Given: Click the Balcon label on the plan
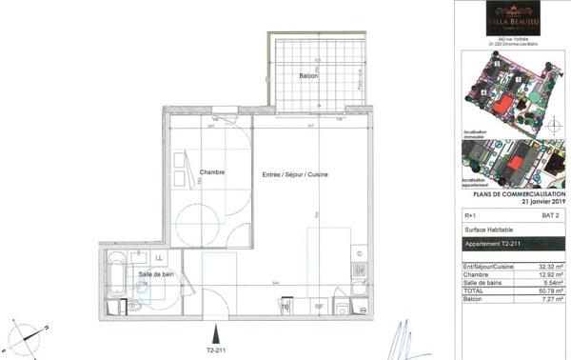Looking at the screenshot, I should point(306,75).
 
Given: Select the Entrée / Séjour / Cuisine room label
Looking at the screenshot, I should point(296,175).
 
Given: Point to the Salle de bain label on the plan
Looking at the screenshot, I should point(155,274).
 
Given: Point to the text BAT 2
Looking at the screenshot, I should point(549,216).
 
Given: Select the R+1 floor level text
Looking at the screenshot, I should point(468,216).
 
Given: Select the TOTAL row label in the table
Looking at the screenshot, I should point(471,291).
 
